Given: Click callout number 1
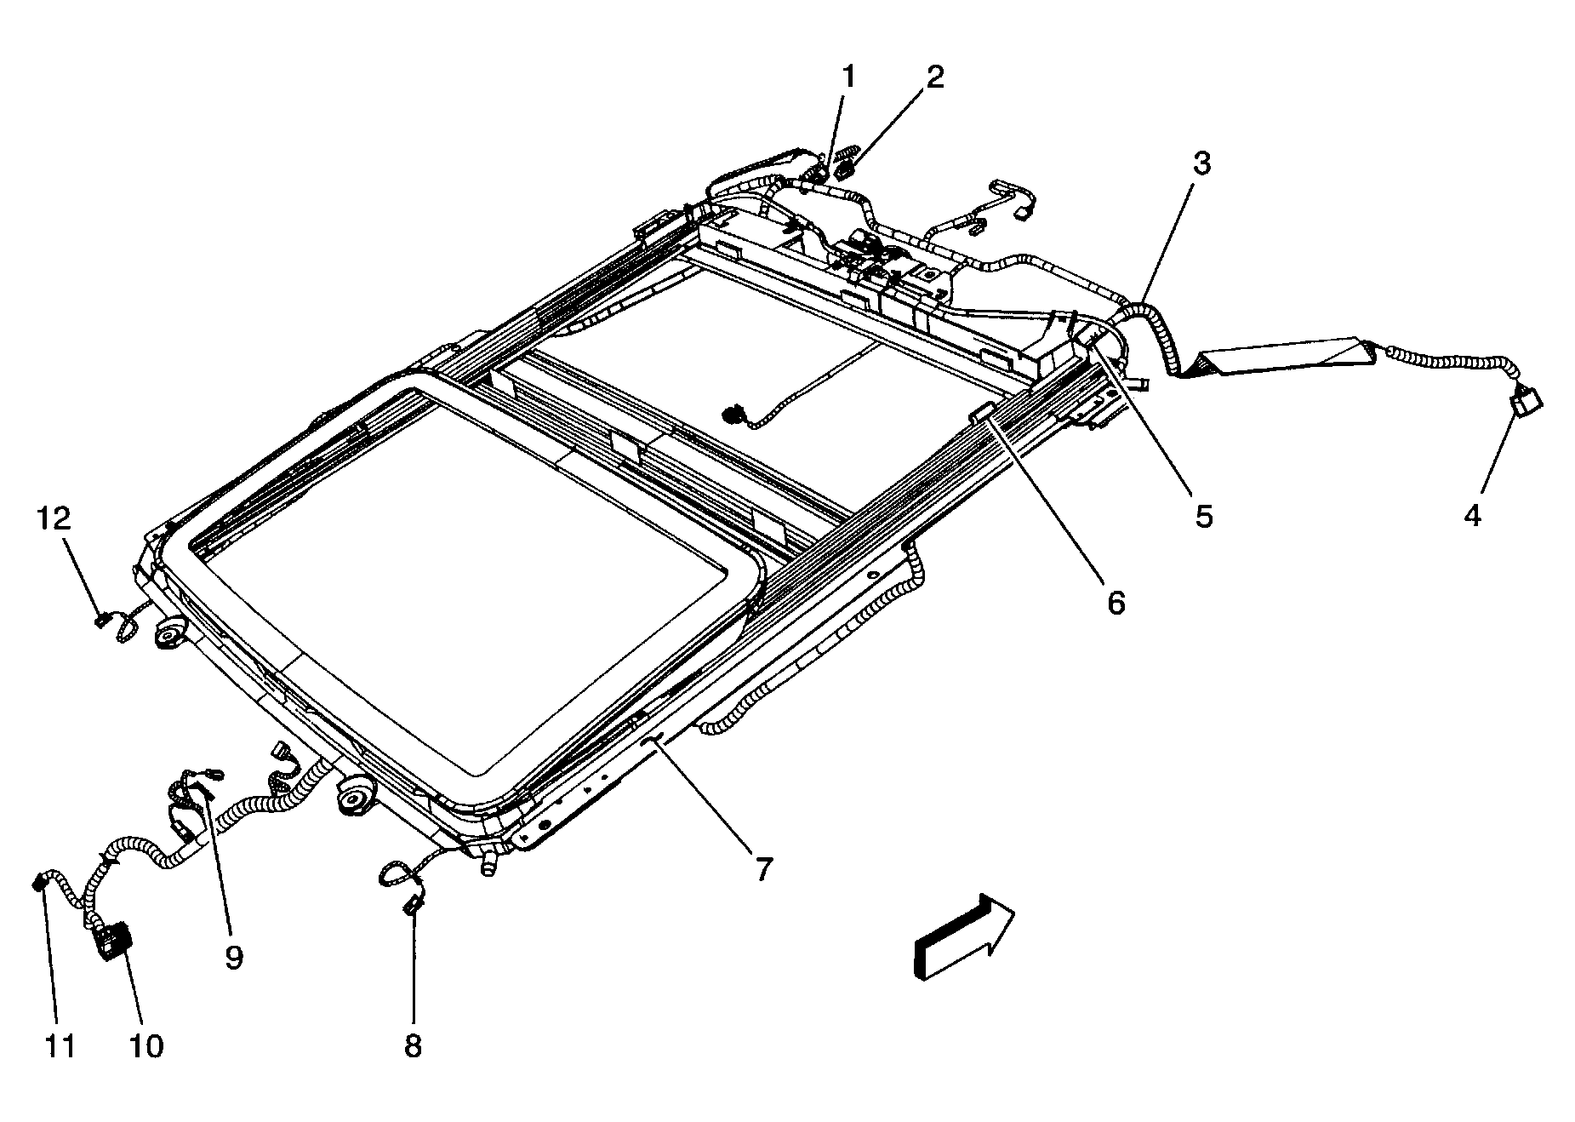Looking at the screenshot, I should pos(847,77).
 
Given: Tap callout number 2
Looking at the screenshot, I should pos(934,77).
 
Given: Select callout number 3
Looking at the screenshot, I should pos(1200,164).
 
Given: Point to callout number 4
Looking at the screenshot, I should pos(1472,514).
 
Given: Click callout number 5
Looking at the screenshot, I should pos(1203,516).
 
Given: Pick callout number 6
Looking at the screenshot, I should pos(1116,602).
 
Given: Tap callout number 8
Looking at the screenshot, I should pos(413,1045).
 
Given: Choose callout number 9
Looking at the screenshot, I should pos(234,957).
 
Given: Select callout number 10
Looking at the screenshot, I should pos(146,1045).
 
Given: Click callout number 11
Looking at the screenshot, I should pos(60,1045).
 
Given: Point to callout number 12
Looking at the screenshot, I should pos(54,517).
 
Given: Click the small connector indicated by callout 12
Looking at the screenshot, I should pos(101,620).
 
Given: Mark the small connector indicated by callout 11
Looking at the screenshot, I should pos(38,883).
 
